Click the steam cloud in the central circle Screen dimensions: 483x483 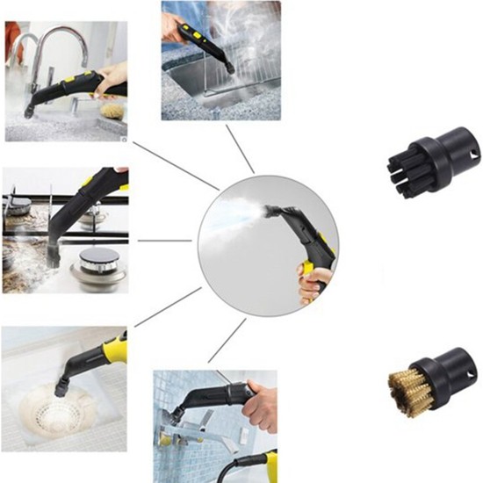233,211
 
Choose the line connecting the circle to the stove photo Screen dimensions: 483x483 167,240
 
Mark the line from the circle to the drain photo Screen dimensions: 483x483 167,312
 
